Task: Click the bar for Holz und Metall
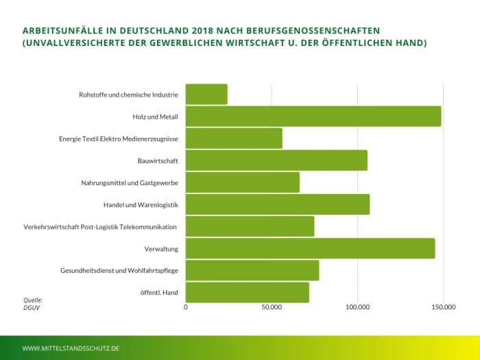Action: [x=313, y=117]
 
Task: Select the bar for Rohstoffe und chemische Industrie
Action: [x=206, y=95]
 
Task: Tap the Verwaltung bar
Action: [x=310, y=248]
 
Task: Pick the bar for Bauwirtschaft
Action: [x=276, y=160]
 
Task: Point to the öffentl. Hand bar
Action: [x=247, y=292]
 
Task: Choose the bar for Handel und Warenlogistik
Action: [x=278, y=204]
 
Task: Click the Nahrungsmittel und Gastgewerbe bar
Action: [x=243, y=182]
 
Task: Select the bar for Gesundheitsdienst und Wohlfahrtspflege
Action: [x=252, y=270]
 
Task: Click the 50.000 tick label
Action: [x=272, y=307]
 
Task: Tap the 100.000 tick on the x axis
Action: [x=357, y=307]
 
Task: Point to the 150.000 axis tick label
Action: [x=443, y=307]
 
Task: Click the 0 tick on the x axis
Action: [x=186, y=307]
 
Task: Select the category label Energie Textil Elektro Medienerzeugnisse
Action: [x=119, y=139]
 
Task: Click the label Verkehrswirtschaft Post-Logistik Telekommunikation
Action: [x=100, y=227]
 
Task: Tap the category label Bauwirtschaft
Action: [x=158, y=161]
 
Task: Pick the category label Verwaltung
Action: [x=161, y=249]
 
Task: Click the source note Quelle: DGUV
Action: [x=33, y=304]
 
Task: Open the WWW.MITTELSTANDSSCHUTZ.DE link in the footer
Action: [x=71, y=348]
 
